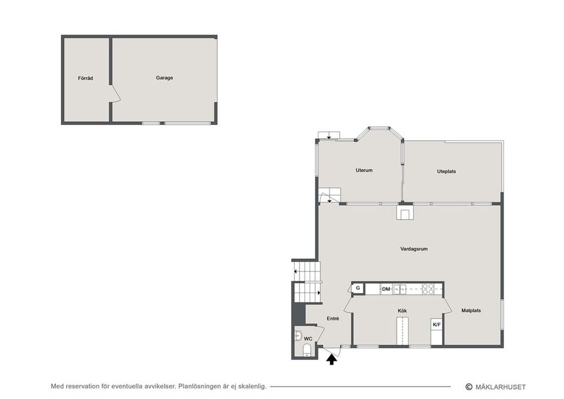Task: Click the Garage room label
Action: pyautogui.click(x=164, y=78)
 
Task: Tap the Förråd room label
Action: pyautogui.click(x=85, y=78)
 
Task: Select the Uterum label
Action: pyautogui.click(x=364, y=170)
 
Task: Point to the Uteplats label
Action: pyautogui.click(x=446, y=172)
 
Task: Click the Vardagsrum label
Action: pyautogui.click(x=414, y=249)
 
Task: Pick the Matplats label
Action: pyautogui.click(x=471, y=310)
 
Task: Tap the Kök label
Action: pyautogui.click(x=402, y=311)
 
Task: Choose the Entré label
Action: pyautogui.click(x=333, y=318)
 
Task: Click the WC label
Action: pyautogui.click(x=308, y=338)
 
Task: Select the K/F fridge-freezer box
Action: pyautogui.click(x=437, y=324)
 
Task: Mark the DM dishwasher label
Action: pyautogui.click(x=386, y=289)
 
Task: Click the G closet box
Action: pyautogui.click(x=358, y=288)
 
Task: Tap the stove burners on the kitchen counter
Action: pyautogui.click(x=428, y=289)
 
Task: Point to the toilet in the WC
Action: pyautogui.click(x=307, y=350)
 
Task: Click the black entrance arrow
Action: pyautogui.click(x=331, y=360)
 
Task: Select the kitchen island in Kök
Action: pyautogui.click(x=402, y=331)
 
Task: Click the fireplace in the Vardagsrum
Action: pyautogui.click(x=405, y=212)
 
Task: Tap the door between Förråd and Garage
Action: pyautogui.click(x=115, y=93)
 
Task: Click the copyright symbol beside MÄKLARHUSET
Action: pyautogui.click(x=469, y=387)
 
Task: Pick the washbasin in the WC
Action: pyautogui.click(x=298, y=336)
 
